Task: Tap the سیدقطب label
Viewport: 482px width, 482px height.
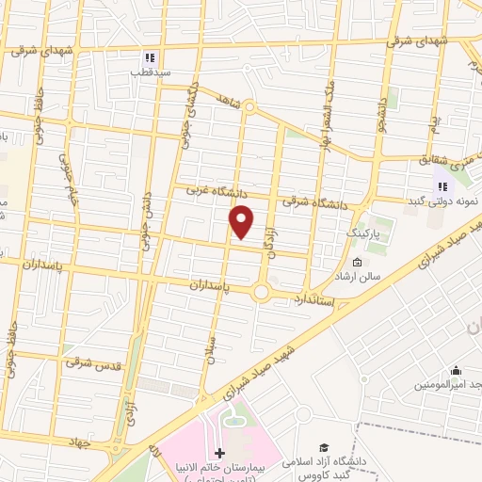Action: [x=151, y=72]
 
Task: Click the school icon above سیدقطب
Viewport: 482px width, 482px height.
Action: [x=151, y=57]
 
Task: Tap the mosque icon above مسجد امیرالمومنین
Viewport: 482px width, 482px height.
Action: [x=456, y=370]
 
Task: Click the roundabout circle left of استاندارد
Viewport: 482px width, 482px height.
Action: [x=262, y=293]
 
